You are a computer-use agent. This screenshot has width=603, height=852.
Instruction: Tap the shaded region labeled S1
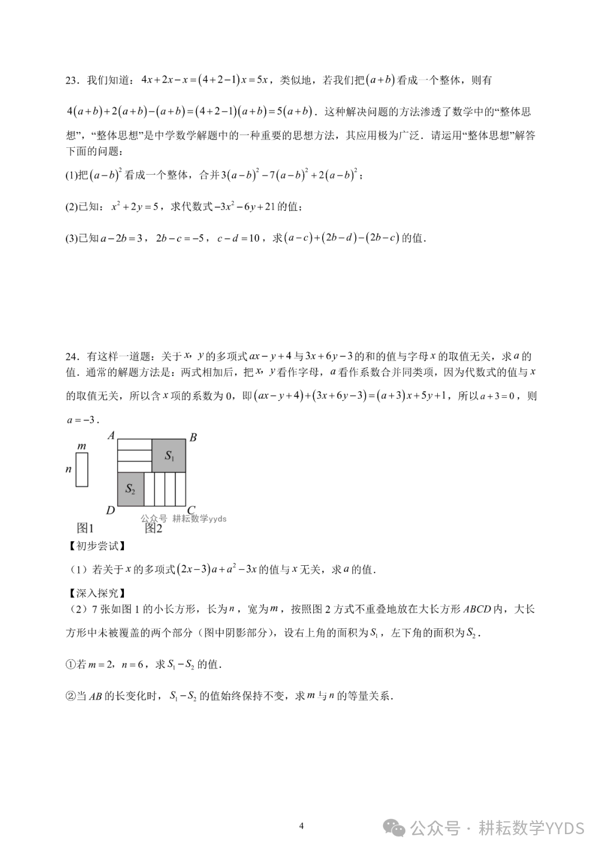(169, 455)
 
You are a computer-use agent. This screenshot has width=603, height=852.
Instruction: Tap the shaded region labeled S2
(131, 489)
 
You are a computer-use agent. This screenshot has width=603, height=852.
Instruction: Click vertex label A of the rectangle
(111, 435)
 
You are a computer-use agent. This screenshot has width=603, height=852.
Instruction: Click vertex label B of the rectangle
(193, 437)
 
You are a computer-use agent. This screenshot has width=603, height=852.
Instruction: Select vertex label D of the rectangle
(111, 509)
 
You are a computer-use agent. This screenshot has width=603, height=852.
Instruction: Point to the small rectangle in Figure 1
(82, 469)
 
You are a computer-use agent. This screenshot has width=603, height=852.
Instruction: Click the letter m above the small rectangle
(82, 446)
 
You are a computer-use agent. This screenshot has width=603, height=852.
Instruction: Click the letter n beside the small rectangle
(69, 469)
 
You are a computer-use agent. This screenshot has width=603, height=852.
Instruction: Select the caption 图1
(85, 528)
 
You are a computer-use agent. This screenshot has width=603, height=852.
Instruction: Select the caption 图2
(154, 528)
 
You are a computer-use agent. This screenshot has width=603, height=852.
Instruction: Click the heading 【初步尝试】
(95, 546)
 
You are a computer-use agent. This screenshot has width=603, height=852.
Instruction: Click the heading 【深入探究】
(95, 593)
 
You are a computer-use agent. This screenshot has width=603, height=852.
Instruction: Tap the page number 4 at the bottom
(301, 826)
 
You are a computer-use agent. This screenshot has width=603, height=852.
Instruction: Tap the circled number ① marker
(71, 665)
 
